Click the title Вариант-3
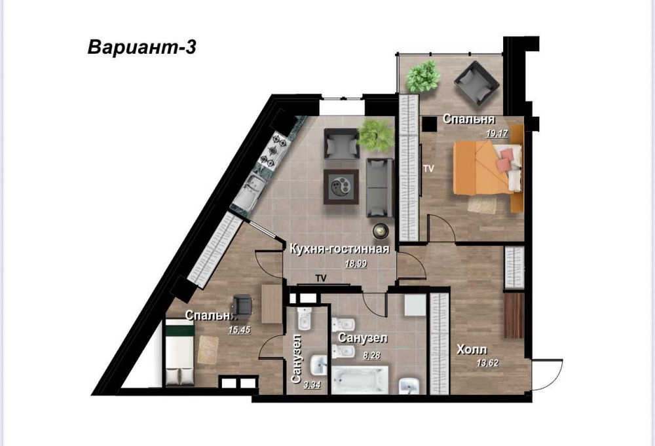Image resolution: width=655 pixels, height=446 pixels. [x=141, y=47]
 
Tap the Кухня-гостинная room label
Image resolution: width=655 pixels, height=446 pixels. [x=339, y=250]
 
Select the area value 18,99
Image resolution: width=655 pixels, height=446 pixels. [x=356, y=263]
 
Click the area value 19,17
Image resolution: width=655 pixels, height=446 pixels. [x=496, y=134]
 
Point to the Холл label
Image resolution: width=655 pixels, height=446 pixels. [x=472, y=349]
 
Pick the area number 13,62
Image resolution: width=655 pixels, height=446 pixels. [x=487, y=363]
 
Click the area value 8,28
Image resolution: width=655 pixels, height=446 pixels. [x=372, y=356]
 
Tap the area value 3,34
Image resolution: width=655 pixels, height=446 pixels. [x=312, y=385]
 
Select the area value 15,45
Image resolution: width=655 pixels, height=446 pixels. [x=239, y=330]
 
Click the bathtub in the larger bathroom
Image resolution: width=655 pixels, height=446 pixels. [x=360, y=380]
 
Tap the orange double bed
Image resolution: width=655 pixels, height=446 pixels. [x=487, y=168]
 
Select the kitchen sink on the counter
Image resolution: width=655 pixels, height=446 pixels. [x=249, y=191]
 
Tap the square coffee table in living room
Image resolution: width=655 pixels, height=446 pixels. [x=341, y=186]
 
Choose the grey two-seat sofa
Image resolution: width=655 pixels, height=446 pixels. [x=380, y=187]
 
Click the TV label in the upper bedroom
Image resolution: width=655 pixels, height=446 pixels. [x=428, y=169]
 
